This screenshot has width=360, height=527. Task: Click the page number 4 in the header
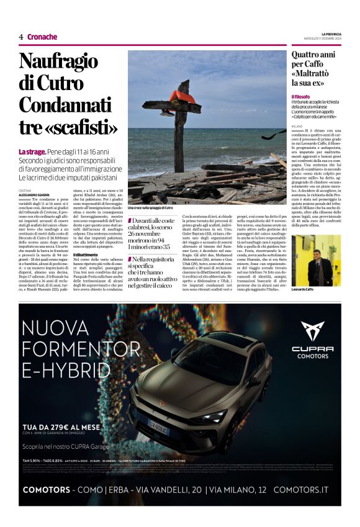(x=21, y=37)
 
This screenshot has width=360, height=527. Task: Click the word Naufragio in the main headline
(x=58, y=63)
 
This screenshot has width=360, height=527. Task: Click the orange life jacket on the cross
(x=182, y=97)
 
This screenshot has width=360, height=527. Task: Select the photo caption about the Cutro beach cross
(x=151, y=207)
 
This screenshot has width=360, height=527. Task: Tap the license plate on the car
(x=158, y=428)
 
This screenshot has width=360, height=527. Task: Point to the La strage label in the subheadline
(x=32, y=152)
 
